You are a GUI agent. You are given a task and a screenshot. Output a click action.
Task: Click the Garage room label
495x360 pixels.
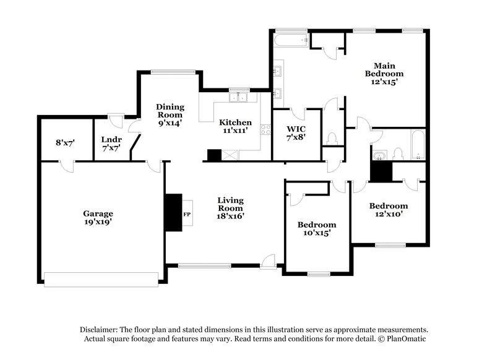(98, 217)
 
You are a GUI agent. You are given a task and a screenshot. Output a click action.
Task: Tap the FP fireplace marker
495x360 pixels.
(186, 215)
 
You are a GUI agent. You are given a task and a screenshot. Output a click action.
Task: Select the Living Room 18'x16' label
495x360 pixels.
(230, 208)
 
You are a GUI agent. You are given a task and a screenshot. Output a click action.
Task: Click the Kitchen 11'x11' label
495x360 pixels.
(236, 127)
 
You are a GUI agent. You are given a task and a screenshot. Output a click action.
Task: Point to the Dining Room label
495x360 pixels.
(169, 114)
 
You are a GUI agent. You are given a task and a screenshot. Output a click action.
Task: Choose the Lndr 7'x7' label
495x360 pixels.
(111, 144)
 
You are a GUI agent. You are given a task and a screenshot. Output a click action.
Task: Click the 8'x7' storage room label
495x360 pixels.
(65, 142)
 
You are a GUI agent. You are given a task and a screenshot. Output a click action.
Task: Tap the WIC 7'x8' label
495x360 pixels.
(296, 133)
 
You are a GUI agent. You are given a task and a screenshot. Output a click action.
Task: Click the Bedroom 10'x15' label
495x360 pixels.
(317, 228)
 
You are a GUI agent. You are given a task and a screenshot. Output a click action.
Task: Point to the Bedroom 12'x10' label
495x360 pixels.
(389, 210)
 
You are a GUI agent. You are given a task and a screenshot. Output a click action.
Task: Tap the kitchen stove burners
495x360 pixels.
(265, 130)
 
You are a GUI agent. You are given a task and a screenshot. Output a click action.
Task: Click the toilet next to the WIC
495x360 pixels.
(332, 137)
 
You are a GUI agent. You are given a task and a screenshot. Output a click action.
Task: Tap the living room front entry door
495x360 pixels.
(268, 262)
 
